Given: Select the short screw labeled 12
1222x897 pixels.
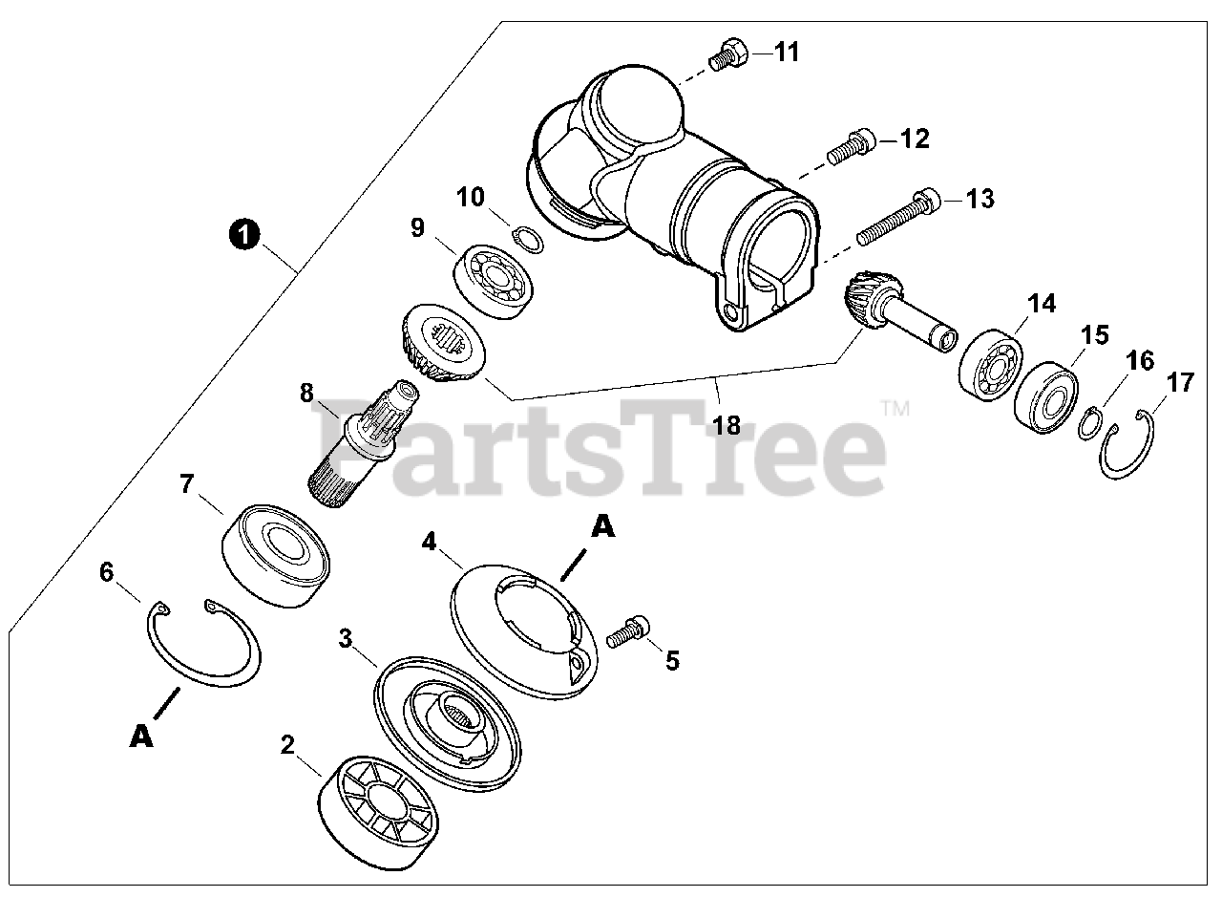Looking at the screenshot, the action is coord(851,148).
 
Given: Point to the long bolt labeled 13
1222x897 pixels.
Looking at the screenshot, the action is coord(896,218).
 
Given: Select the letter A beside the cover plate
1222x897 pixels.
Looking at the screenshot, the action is coord(602,526).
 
